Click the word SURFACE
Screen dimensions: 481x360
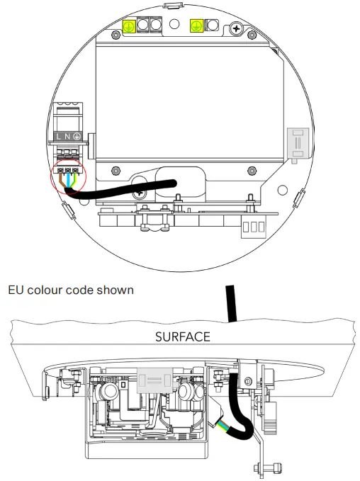182,336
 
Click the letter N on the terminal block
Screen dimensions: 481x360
68,135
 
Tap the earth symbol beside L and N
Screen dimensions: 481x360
77,135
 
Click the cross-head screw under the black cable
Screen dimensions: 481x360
140,192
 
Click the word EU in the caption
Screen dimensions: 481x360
15,290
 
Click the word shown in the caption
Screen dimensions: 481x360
116,290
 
